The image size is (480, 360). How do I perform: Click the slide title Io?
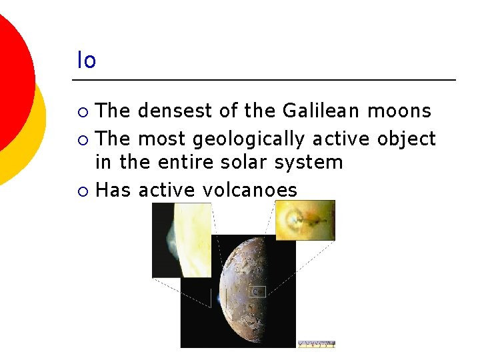point(86,61)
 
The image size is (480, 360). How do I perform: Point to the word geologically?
point(248,139)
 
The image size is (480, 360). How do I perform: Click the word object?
point(406,139)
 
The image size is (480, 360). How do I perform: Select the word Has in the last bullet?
point(113,190)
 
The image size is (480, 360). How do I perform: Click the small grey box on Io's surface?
point(257,291)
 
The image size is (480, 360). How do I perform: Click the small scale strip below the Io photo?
point(316,344)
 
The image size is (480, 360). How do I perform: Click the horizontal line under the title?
point(263,80)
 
